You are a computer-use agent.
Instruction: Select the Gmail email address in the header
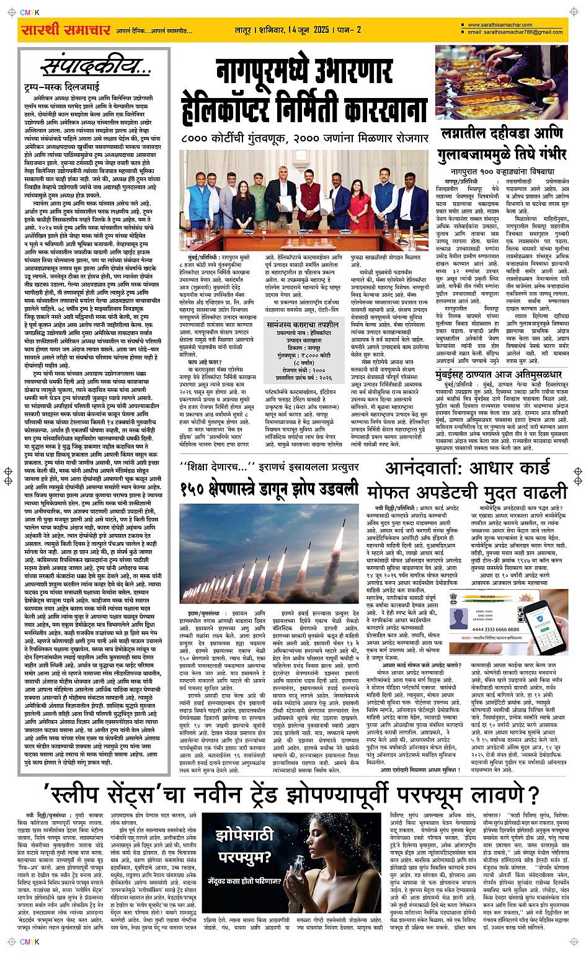click(515, 32)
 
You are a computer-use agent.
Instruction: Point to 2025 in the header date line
click(321, 29)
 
